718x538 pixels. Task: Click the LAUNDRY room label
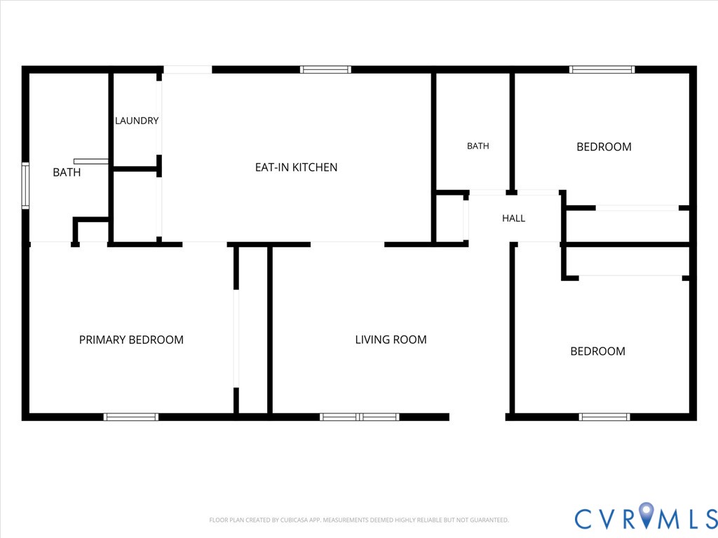coord(137,120)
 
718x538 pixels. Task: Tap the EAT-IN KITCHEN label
coord(296,167)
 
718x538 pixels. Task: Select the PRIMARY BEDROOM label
coord(131,340)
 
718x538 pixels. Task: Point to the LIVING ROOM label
coord(391,340)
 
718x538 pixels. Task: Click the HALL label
coord(513,219)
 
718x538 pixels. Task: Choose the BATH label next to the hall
coord(477,146)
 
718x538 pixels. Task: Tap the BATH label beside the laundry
coord(67,172)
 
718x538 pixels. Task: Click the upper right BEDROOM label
coord(604,147)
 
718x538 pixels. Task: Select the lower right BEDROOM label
coord(597,352)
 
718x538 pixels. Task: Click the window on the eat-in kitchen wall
coord(325,69)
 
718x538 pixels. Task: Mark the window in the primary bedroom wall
coord(131,417)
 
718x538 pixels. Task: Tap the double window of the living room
coord(360,417)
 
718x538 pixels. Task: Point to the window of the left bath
coord(26,186)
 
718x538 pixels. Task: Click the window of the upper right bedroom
coord(602,69)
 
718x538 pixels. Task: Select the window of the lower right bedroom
coord(604,417)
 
